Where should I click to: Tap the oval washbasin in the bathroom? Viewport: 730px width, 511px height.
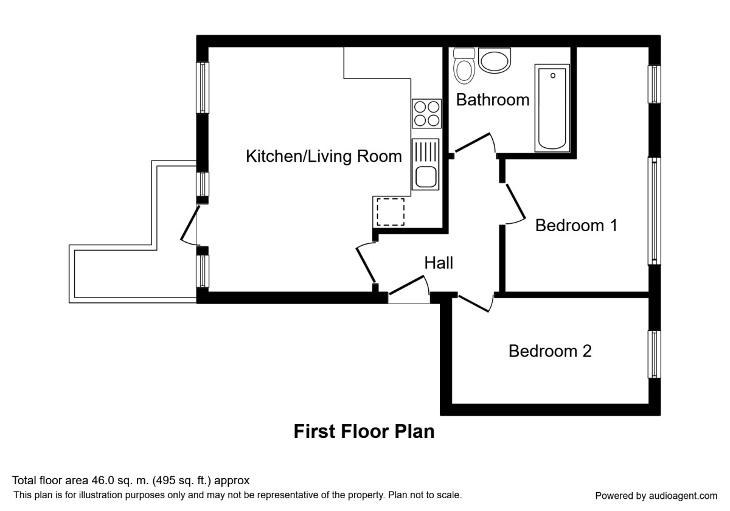coord(495,61)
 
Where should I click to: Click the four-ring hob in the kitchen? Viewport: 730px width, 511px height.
coord(426,114)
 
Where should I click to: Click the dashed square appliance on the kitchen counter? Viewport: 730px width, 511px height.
coord(390,212)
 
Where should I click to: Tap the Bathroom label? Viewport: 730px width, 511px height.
coord(493,100)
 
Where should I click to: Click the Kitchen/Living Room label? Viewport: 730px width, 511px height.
coord(324,156)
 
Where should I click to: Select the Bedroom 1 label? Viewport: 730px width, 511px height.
coord(576,226)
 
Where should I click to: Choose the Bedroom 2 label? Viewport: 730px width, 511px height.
coord(550,351)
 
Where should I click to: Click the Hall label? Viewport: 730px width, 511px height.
coord(439,263)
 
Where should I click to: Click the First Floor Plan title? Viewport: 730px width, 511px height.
coord(364,432)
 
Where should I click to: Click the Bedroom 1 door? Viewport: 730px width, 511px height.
coord(514,203)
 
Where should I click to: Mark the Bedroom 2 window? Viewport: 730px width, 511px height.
coord(655,354)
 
